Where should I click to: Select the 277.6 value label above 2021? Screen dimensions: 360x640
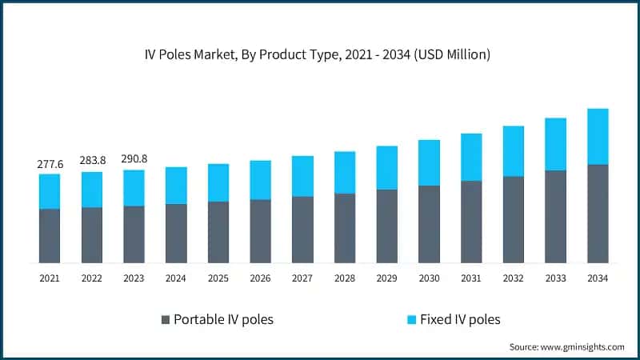coord(50,164)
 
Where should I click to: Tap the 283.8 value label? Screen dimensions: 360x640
coord(92,162)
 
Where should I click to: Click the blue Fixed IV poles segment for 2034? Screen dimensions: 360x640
coord(598,137)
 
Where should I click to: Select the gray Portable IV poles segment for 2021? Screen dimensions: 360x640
coord(50,236)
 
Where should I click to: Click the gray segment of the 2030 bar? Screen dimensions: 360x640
coord(429,224)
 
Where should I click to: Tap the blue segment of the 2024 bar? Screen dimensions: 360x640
coord(176,186)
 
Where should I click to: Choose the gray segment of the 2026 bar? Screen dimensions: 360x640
coord(260,231)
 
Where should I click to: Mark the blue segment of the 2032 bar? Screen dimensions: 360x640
coord(513,151)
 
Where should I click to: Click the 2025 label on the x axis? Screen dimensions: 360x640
coord(218,278)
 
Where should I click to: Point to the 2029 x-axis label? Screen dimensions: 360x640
coord(386,278)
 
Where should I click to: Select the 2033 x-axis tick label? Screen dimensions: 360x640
coord(555,278)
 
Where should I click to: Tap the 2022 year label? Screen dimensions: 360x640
coord(92,278)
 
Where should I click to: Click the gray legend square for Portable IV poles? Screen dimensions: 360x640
coord(166,320)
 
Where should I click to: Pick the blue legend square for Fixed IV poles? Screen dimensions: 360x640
coord(411,320)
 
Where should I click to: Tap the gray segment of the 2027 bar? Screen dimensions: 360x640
coord(302,230)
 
